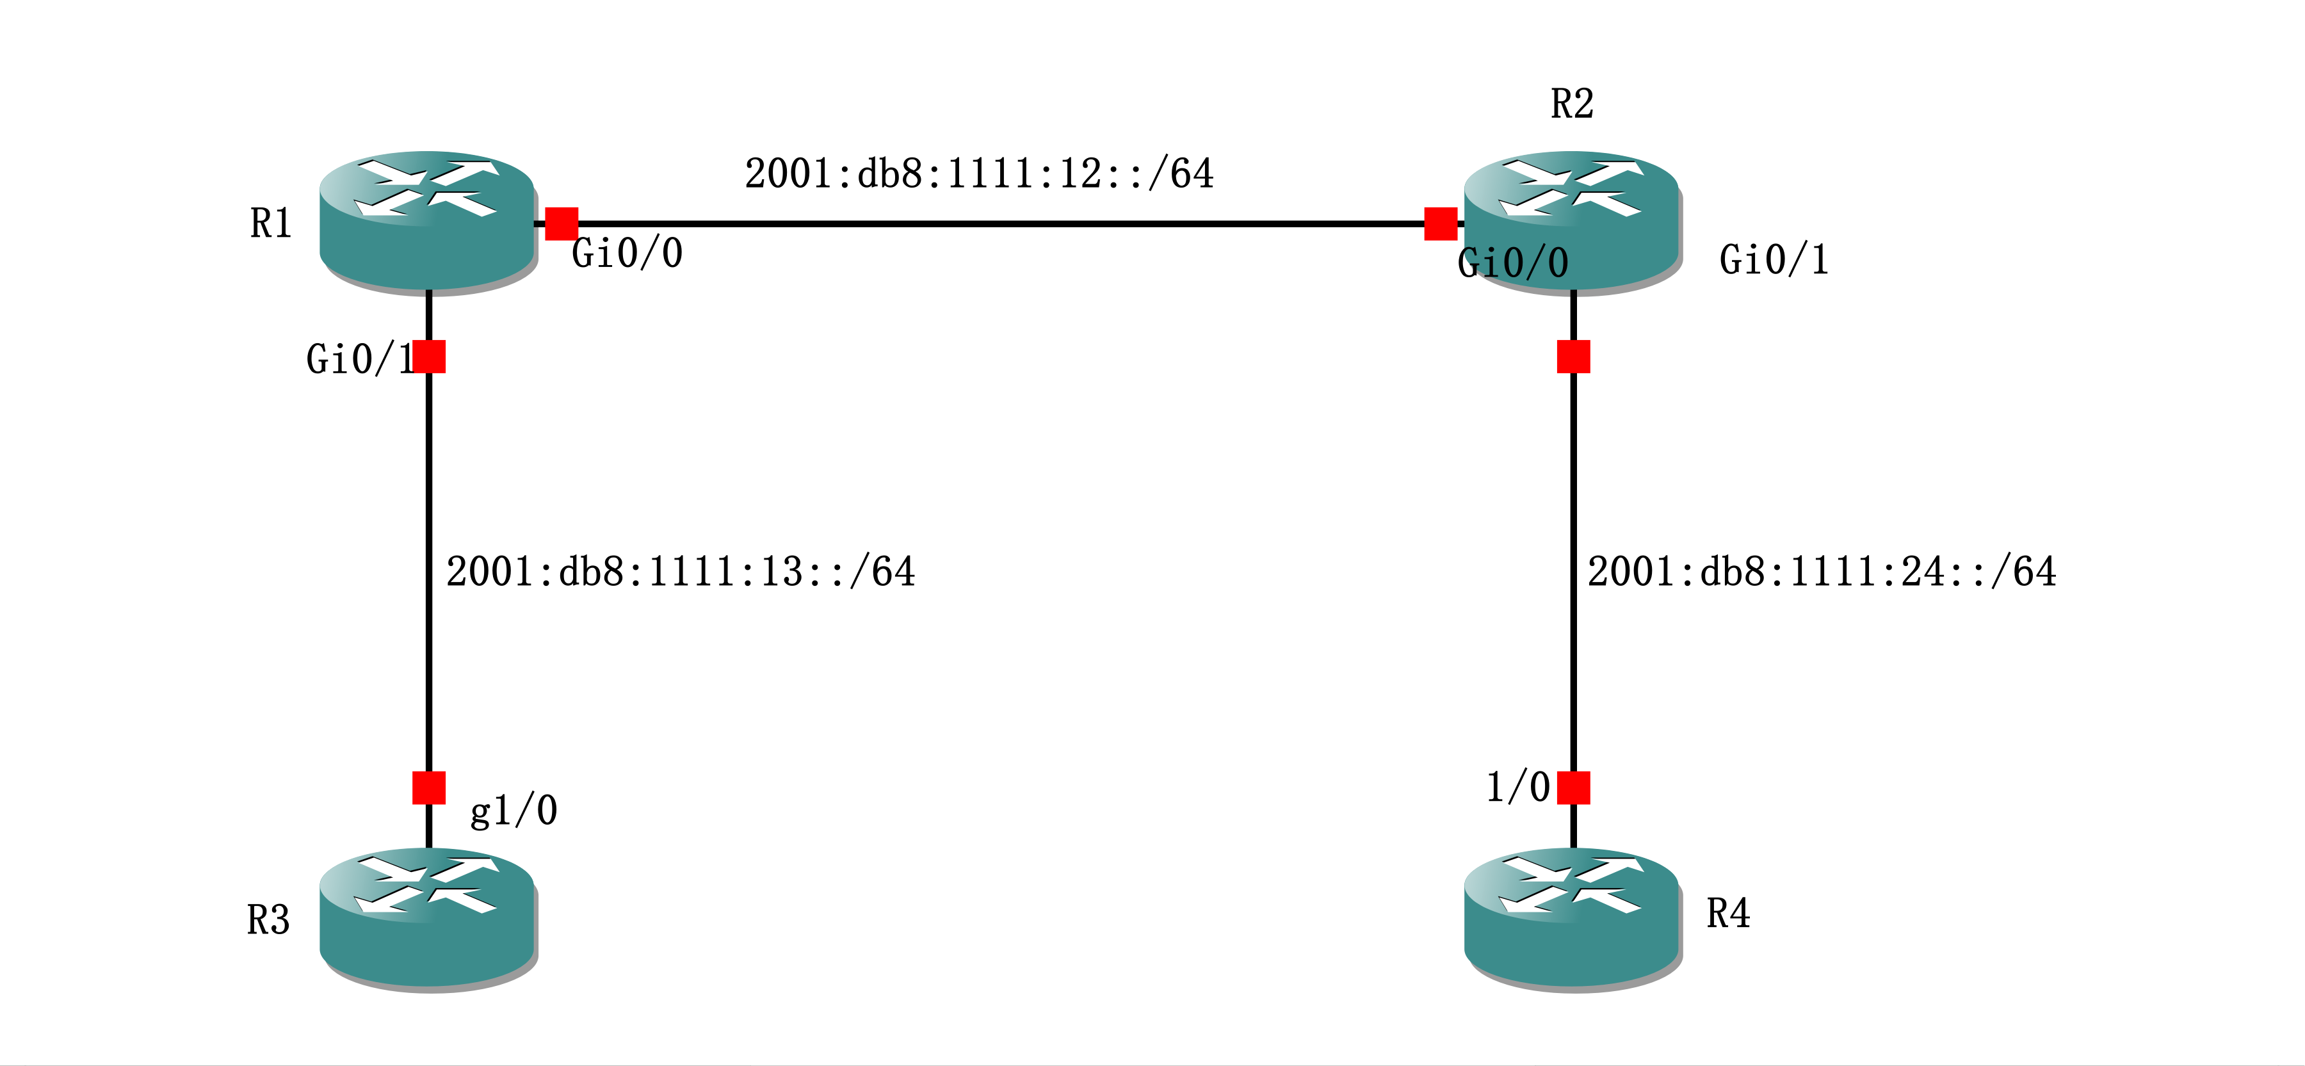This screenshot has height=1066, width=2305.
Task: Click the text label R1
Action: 270,223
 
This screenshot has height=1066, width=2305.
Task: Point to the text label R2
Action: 1571,104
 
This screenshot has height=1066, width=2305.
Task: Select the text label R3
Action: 268,920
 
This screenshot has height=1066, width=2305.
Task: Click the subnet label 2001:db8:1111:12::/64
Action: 979,174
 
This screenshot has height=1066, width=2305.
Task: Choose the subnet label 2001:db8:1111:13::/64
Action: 680,572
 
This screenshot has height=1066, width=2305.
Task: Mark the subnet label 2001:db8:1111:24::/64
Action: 1821,572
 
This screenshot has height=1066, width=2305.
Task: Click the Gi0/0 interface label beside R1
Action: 626,254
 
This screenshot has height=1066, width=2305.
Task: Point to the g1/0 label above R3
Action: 514,811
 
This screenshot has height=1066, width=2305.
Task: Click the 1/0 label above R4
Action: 1517,787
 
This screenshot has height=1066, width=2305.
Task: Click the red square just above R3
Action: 428,787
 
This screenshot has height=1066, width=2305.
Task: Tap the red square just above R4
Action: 1573,787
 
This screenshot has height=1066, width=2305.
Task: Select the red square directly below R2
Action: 1573,356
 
